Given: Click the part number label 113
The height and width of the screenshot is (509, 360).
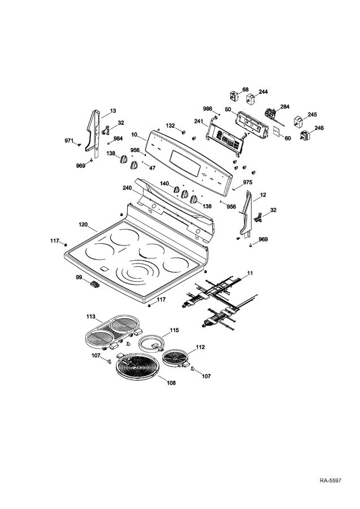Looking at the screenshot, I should [91, 317].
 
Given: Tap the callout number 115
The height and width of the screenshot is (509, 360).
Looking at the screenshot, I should [175, 330].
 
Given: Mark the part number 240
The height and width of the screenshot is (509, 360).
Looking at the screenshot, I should [127, 188].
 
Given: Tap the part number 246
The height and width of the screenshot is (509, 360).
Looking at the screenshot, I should [319, 128].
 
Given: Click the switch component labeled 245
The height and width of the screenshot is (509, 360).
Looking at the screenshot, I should [298, 122].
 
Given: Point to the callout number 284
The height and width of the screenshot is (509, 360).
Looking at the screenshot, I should [285, 106].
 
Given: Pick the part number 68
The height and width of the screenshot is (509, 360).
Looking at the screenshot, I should [245, 89].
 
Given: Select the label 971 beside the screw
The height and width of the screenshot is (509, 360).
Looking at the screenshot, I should [69, 140].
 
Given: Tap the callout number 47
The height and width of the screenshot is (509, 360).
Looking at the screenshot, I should [152, 169].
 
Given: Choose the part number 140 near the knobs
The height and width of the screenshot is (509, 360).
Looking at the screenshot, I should [164, 184].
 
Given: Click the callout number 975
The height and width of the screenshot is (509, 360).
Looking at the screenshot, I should [248, 182].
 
